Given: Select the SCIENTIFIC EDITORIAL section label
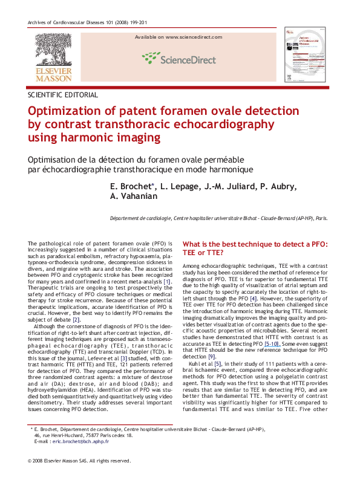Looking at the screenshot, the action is point(63,95).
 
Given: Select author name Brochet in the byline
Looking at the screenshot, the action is point(131,186).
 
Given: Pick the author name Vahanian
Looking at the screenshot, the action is point(136,196).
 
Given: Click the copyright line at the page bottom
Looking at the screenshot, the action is point(79,461).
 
